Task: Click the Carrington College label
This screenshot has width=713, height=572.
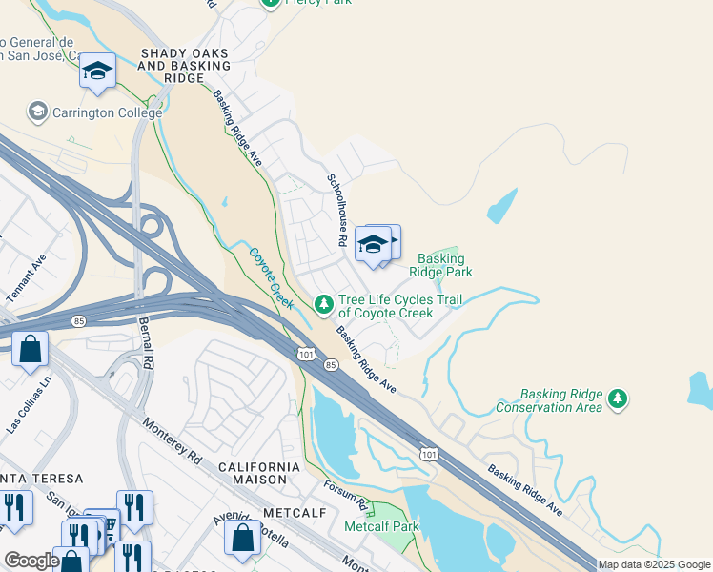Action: coord(108,112)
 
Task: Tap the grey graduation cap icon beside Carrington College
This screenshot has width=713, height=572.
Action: coord(38,112)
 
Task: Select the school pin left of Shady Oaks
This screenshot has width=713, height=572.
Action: coord(97,72)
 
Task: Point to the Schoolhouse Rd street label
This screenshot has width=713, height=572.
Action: coord(336,210)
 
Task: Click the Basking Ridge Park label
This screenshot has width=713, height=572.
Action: coord(440,265)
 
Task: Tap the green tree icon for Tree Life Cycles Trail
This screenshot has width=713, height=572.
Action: coord(324,304)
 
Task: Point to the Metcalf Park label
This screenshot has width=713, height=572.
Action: coord(381,526)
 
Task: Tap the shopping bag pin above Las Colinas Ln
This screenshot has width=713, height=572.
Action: coord(31,350)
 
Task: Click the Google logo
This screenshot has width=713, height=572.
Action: coord(31,561)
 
